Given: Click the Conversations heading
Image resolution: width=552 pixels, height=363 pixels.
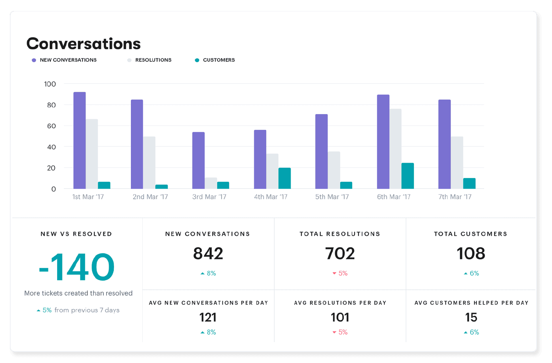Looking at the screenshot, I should click(x=83, y=44).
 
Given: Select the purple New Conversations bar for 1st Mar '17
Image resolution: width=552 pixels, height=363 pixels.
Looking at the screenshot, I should click(x=80, y=140).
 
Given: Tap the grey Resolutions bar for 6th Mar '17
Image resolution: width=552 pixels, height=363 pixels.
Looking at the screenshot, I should click(x=395, y=149).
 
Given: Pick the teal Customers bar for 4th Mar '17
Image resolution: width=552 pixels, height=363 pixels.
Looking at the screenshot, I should click(x=284, y=178).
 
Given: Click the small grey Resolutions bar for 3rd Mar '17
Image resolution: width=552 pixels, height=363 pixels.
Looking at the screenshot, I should click(x=211, y=183).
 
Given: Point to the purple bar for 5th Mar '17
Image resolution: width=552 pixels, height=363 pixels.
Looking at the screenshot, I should click(x=321, y=152).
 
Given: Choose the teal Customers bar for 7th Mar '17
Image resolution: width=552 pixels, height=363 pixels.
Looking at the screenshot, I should click(x=469, y=183).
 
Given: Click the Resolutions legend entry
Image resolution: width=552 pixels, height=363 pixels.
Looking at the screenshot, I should click(x=153, y=60).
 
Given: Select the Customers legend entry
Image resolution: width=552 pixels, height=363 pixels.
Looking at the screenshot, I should click(x=218, y=60).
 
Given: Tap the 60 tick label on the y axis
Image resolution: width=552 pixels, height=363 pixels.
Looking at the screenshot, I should click(x=51, y=126).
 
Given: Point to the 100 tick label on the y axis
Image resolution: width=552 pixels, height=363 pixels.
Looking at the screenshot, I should click(x=50, y=84).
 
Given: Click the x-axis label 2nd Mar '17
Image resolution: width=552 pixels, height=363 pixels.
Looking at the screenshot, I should click(x=150, y=197).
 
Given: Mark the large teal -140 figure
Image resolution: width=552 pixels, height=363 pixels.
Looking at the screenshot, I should click(x=77, y=267).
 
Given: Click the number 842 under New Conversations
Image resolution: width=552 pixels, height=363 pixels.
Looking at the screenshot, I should click(x=208, y=254).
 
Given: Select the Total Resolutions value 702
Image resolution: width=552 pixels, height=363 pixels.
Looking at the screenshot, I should click(x=340, y=254).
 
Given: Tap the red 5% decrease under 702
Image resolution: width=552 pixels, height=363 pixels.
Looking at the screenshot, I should click(x=340, y=273).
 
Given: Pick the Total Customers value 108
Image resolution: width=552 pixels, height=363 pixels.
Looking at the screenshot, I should click(x=471, y=254).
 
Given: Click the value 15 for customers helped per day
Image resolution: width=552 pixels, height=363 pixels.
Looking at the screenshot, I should click(x=471, y=317).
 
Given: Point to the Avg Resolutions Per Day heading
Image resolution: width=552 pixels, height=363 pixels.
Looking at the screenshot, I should click(x=340, y=303).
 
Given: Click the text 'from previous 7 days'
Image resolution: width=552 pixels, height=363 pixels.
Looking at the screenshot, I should click(x=87, y=310).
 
